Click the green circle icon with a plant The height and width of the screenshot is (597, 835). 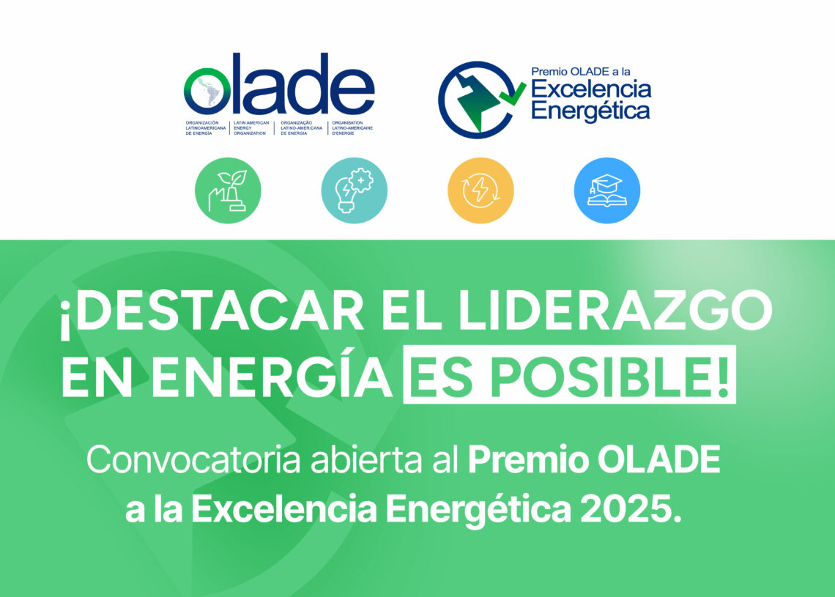[x=228, y=190]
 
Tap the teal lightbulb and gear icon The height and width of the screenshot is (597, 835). [x=354, y=190]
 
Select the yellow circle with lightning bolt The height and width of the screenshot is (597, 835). [x=480, y=190]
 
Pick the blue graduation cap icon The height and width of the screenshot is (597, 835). [x=607, y=190]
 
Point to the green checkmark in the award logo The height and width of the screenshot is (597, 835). [x=513, y=94]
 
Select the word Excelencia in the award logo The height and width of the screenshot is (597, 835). [x=591, y=89]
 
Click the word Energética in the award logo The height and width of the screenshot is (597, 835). [x=590, y=111]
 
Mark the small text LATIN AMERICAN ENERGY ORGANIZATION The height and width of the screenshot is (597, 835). [x=251, y=127]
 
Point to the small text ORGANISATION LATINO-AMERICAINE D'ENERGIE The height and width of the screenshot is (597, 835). [x=352, y=127]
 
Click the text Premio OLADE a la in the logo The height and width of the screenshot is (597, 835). [x=580, y=71]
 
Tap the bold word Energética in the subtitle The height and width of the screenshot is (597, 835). [x=478, y=510]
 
